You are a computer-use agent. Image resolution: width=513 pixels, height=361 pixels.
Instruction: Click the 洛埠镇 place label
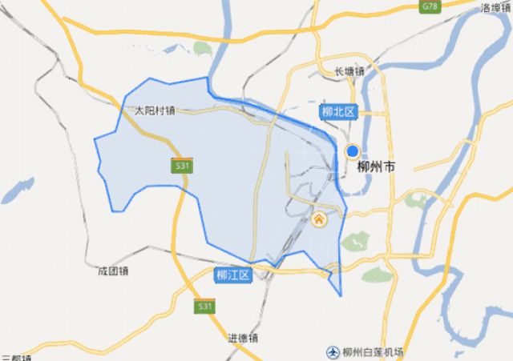(x=496, y=8)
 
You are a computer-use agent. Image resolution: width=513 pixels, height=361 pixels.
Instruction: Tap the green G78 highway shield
(x=431, y=6)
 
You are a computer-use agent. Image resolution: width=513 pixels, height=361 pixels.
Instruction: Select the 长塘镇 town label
(x=349, y=71)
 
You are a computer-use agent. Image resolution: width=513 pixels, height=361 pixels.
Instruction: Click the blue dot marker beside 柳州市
(x=352, y=150)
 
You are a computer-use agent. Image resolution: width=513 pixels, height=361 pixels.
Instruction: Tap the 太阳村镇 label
(x=155, y=110)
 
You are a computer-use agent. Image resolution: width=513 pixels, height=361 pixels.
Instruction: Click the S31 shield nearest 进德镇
(x=205, y=307)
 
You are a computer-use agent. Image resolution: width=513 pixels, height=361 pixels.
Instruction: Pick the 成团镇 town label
(x=112, y=271)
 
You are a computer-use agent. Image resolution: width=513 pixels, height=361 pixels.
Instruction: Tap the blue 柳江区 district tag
(x=233, y=275)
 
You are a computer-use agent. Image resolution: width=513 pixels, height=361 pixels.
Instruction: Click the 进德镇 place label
(x=243, y=337)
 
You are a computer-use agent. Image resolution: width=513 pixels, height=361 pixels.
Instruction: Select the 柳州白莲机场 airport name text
(x=373, y=352)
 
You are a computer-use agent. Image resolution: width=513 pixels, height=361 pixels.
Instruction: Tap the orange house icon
(x=318, y=219)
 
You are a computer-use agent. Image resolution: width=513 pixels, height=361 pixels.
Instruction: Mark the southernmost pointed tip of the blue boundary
(x=341, y=296)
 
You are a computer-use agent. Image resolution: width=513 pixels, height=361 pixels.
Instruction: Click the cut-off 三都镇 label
(x=16, y=358)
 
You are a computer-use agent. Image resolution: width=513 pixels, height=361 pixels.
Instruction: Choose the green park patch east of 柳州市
(x=418, y=199)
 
